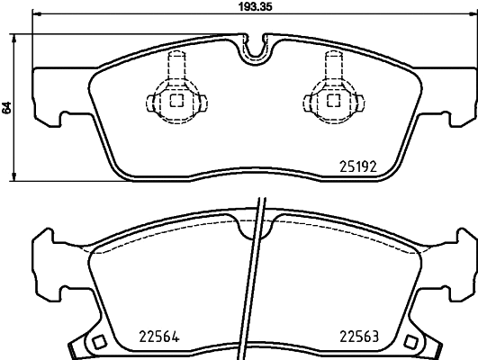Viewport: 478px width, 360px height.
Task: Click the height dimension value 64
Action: coord(7,107)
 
